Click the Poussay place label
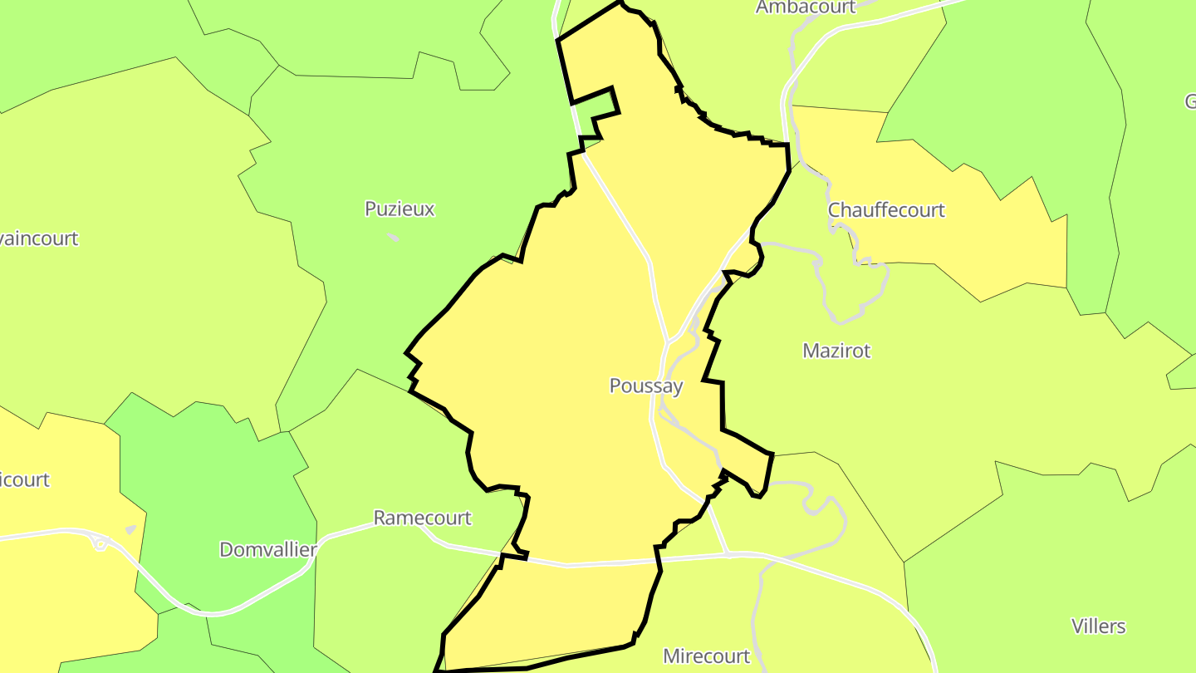(x=646, y=386)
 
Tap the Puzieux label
(x=399, y=209)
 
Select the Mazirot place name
(x=836, y=351)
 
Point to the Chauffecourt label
(x=886, y=209)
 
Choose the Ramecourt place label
(x=422, y=518)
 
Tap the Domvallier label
(x=268, y=549)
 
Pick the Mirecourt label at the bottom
(x=706, y=656)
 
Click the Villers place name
(x=1098, y=626)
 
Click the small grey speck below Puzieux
(x=393, y=238)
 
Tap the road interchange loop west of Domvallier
(x=100, y=544)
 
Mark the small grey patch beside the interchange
(x=130, y=529)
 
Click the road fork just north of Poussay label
(x=669, y=341)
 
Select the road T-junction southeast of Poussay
(x=728, y=553)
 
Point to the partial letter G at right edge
(x=1190, y=101)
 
